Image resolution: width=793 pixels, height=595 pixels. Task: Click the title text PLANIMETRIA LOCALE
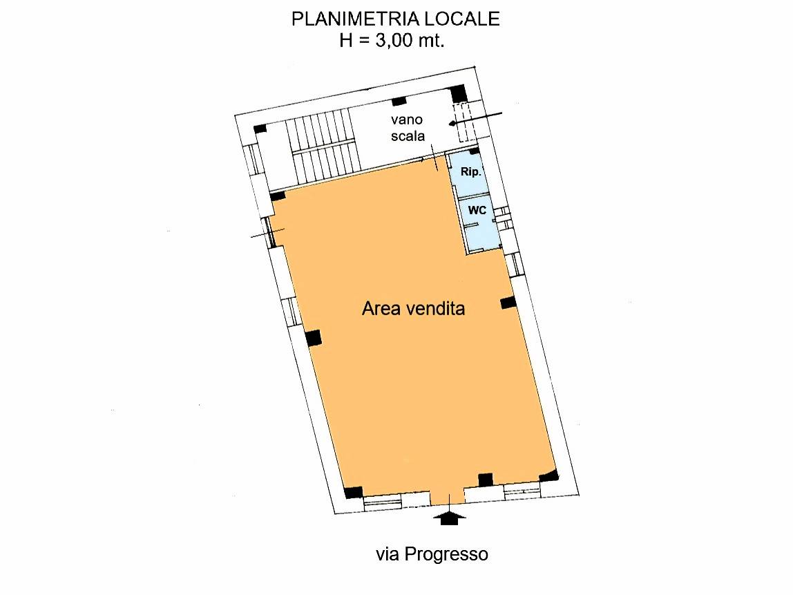pos(395,19)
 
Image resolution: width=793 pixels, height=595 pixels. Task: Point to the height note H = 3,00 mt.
pos(392,40)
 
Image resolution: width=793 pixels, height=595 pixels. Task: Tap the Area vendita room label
pos(413,309)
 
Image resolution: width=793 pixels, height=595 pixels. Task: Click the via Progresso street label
pos(432,554)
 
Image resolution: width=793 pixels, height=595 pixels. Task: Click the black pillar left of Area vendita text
pos(313,338)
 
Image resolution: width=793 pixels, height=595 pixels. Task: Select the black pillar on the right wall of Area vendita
pos(508,303)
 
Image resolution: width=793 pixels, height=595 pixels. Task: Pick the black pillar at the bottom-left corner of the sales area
pos(353,493)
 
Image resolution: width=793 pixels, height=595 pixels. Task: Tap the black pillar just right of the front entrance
pos(486,479)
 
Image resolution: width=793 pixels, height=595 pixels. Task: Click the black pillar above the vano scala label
pos(399,102)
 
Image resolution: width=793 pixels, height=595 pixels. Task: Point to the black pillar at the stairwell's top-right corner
pos(458,93)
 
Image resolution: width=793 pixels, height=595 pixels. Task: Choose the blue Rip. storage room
pos(468,176)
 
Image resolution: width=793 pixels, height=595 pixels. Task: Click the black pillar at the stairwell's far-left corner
pos(260,129)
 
